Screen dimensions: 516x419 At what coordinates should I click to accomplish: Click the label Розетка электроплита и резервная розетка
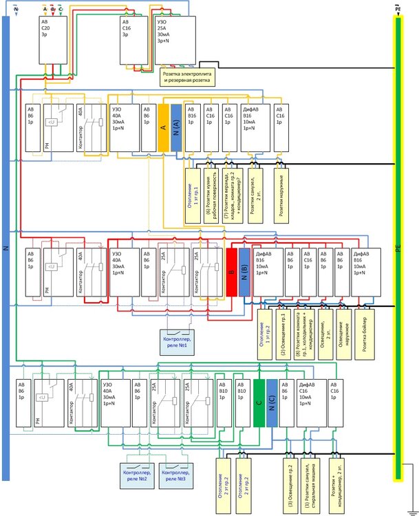point(189,76)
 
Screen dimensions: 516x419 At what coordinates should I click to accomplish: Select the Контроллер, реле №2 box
point(136,474)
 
